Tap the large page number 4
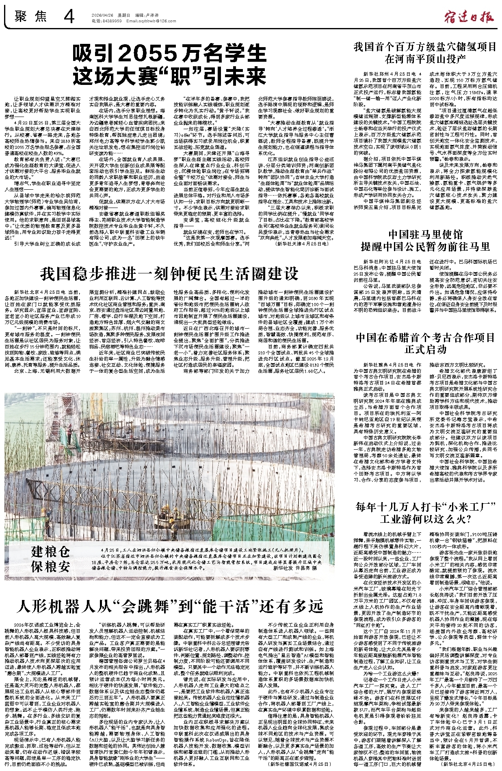[x=69, y=17]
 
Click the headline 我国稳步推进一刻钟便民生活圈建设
[x=169, y=274]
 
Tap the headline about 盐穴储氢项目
[x=425, y=53]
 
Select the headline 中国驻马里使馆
[x=425, y=234]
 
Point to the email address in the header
[x=151, y=21]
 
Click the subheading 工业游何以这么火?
[x=425, y=519]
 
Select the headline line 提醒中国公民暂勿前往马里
[x=425, y=246]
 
